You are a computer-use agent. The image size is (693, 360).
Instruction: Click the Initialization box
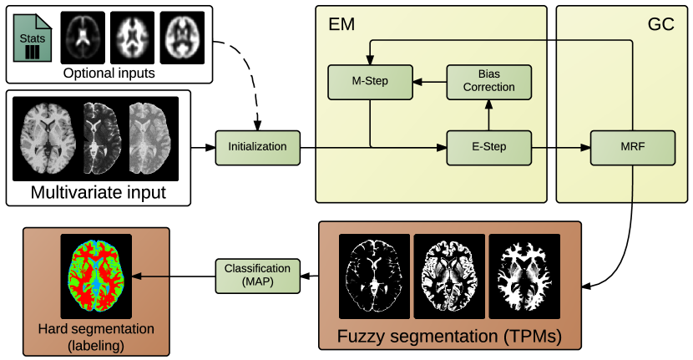258,148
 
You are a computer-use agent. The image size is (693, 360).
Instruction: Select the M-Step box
371,82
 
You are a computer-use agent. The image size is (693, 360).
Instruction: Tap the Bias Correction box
488,82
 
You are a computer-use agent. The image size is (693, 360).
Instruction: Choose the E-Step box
488,148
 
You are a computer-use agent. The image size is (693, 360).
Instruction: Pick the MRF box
633,148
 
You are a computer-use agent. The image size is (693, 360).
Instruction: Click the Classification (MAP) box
258,276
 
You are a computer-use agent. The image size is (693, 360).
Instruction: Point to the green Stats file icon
33,38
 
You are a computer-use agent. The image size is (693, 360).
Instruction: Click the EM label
341,24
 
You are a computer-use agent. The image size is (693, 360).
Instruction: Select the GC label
660,24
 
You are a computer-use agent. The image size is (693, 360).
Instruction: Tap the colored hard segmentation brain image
96,276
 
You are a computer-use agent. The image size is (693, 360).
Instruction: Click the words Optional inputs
109,73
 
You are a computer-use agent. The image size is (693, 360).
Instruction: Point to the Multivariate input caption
99,193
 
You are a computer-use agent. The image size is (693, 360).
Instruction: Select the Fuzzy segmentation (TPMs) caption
449,337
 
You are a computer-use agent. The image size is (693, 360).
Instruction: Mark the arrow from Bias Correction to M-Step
430,82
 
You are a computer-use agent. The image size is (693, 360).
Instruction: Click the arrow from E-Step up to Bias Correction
488,115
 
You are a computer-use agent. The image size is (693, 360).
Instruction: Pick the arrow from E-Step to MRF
561,148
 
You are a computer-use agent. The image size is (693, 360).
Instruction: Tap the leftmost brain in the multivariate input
48,139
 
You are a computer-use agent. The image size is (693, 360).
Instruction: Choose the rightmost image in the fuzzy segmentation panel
524,276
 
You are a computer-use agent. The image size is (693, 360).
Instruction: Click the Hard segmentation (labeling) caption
96,337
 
